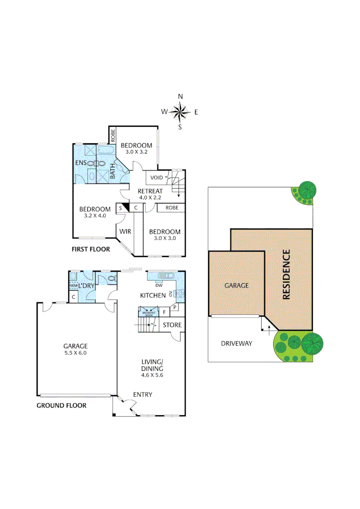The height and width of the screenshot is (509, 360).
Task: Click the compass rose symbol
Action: (180, 112)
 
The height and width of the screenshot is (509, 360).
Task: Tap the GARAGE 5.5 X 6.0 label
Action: (76, 349)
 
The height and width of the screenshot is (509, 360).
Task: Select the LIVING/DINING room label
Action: (152, 365)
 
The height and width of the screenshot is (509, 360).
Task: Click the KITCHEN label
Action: (153, 296)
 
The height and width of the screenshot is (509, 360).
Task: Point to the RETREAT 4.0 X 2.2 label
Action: (150, 194)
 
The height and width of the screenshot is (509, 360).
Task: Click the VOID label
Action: (156, 178)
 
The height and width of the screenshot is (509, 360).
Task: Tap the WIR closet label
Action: (125, 231)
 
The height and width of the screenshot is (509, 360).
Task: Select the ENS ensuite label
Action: (81, 163)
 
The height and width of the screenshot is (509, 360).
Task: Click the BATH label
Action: (113, 171)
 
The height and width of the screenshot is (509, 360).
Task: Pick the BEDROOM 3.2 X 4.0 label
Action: (95, 213)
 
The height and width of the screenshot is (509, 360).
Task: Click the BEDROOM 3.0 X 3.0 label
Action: (165, 235)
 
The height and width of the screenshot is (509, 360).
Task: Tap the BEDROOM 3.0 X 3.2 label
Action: (137, 148)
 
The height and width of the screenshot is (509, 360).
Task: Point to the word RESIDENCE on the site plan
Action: (286, 275)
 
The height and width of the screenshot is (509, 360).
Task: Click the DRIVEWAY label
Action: (237, 344)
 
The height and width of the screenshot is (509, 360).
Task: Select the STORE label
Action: (172, 325)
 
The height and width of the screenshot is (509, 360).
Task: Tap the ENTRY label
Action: (142, 394)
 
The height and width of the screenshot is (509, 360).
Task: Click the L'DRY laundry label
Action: (87, 286)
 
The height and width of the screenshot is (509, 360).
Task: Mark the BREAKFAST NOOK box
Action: (147, 312)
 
